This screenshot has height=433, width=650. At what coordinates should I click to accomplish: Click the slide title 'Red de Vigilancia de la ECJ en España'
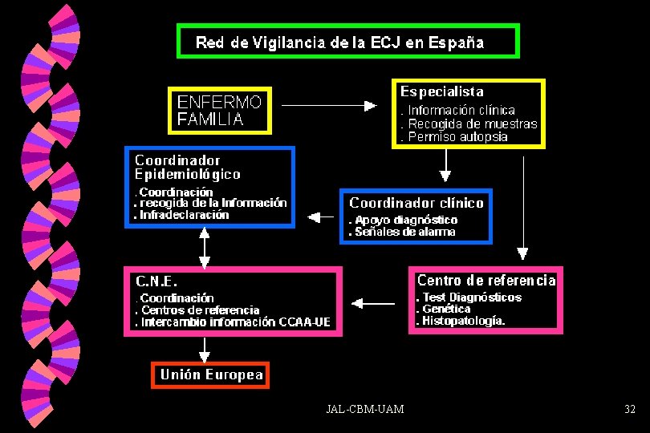click(339, 42)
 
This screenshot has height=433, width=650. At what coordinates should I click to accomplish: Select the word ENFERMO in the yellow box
click(219, 103)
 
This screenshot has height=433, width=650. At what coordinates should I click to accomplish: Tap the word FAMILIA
click(210, 119)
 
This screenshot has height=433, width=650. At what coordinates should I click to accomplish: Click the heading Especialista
click(442, 91)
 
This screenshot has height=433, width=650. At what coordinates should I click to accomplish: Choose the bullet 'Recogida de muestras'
click(469, 123)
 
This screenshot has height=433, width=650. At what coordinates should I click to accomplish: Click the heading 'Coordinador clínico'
click(416, 203)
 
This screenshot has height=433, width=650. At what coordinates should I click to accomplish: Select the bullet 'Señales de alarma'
click(402, 232)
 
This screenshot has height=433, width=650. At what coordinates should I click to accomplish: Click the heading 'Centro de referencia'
click(486, 280)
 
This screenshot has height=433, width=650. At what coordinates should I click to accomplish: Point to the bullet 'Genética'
click(443, 309)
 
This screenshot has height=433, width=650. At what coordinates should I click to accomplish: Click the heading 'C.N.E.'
click(156, 281)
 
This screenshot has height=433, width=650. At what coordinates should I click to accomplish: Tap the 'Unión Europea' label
click(211, 374)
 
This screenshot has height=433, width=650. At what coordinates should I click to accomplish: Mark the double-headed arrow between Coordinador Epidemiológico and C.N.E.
click(205, 248)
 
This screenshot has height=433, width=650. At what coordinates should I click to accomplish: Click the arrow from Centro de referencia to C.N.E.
click(373, 303)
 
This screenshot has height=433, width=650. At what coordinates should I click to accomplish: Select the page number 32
click(630, 410)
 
